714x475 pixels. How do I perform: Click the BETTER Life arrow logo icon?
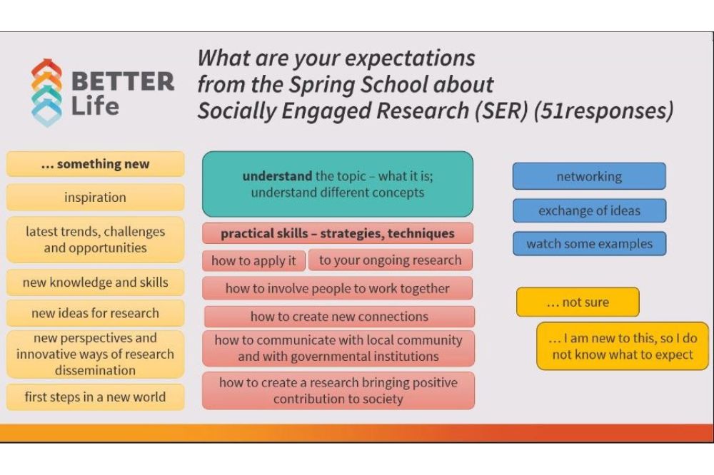point(46,93)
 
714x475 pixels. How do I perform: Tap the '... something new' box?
point(95,164)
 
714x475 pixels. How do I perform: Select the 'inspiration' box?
point(95,197)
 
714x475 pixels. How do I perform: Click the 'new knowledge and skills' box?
point(95,282)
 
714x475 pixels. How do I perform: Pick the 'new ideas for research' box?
point(95,313)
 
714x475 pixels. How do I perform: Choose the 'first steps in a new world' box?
point(95,397)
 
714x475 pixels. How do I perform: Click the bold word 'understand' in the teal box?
point(277,176)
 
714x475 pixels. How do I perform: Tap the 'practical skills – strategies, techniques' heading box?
point(338,233)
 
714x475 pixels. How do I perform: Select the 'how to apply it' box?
point(253,261)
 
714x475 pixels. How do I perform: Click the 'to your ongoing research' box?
point(391,260)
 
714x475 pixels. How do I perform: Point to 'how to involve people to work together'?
point(338,288)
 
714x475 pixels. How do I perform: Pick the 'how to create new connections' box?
point(339,316)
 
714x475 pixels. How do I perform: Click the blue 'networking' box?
point(589,176)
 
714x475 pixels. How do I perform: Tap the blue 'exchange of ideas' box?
point(589,210)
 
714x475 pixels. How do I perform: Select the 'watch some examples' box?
point(589,244)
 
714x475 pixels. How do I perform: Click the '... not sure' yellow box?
point(578,302)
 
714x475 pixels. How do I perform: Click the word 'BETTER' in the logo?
point(123,82)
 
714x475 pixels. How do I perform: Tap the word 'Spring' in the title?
point(323,85)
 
